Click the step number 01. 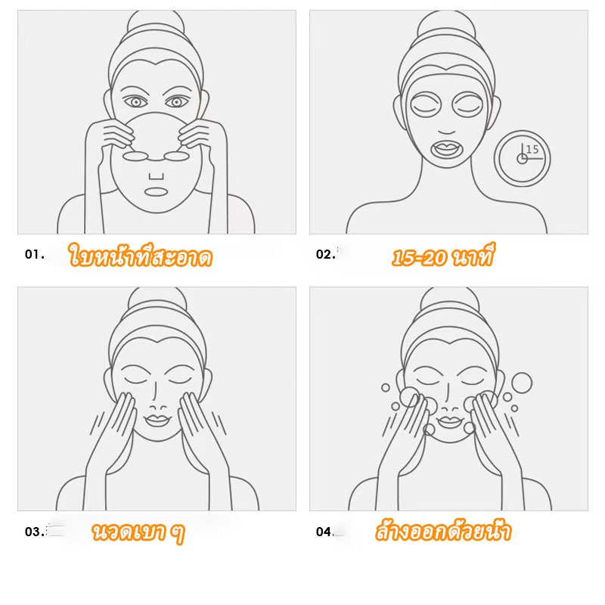click(34, 255)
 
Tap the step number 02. click(326, 254)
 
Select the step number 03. click(34, 532)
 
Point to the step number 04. click(325, 532)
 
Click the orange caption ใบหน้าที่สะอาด click(141, 256)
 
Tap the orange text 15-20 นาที click(442, 256)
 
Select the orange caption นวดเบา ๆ click(138, 532)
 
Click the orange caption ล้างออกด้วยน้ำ click(443, 532)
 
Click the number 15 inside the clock click(532, 149)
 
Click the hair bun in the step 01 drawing click(156, 23)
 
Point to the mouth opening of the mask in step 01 click(156, 192)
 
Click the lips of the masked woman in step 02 click(447, 149)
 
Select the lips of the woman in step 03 click(157, 420)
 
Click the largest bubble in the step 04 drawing click(522, 383)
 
